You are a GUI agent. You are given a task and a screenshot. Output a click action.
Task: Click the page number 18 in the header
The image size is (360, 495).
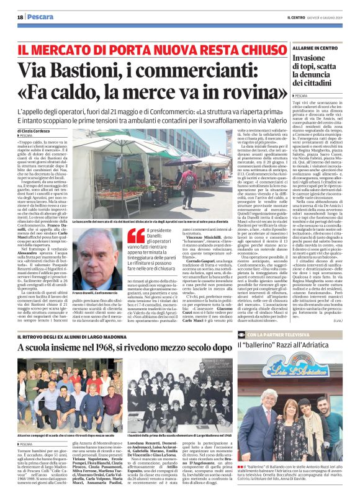(x=20, y=18)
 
